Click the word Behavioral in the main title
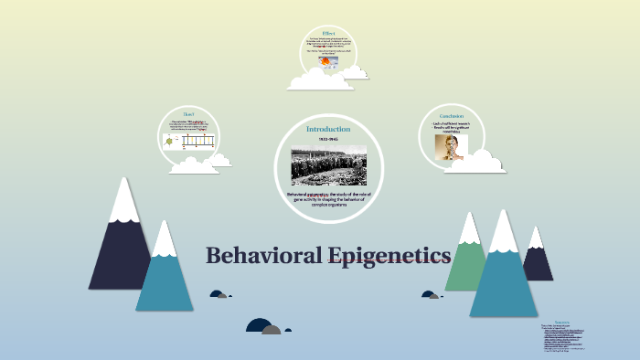[261, 255]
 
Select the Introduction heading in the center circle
[327, 129]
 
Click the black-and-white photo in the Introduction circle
[328, 164]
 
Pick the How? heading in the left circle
[189, 114]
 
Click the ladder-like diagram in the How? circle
[197, 141]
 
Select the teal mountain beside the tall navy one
[165, 274]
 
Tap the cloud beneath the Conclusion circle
[475, 164]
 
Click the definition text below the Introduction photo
[327, 198]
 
